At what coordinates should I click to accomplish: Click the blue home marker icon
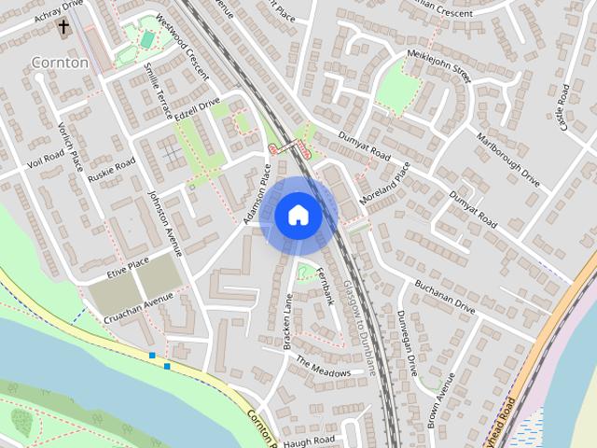coord(298,216)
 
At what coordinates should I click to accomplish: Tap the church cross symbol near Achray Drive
coord(64,27)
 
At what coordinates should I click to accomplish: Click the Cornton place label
coord(60,63)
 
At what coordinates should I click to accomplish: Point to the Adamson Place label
coord(257,195)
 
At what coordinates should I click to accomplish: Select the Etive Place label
coord(128,267)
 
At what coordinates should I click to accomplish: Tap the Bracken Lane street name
coord(288,321)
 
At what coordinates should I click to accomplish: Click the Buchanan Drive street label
coord(445,296)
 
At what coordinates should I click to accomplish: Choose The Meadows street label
coord(324,366)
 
